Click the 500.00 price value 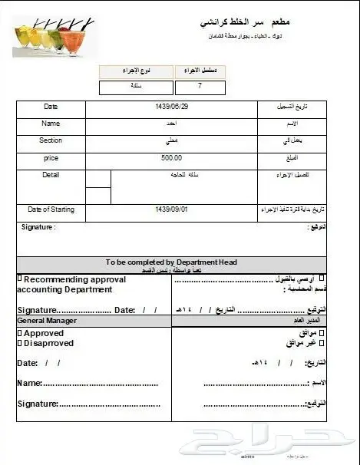(x=171, y=158)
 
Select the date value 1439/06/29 (x=171, y=107)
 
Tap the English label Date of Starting (x=51, y=209)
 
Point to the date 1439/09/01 (x=171, y=209)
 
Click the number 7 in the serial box (x=200, y=87)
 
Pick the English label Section (x=51, y=140)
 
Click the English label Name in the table (x=51, y=123)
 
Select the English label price (x=51, y=157)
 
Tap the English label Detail (x=51, y=175)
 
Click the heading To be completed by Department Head (x=171, y=262)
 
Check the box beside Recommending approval (x=19, y=279)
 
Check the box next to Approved (x=20, y=334)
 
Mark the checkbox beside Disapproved (x=20, y=343)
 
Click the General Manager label (x=47, y=320)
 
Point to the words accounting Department (x=64, y=290)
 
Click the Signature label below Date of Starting (x=38, y=227)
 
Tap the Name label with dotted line (x=29, y=382)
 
